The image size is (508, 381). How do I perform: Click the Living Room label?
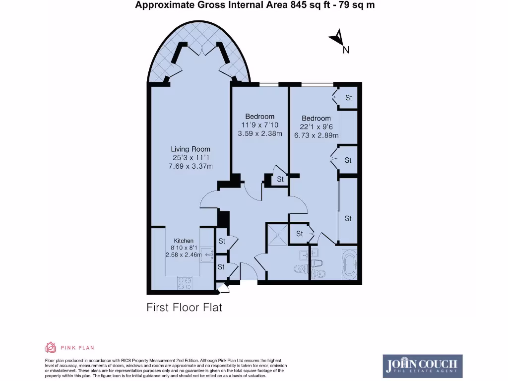pos(190,149)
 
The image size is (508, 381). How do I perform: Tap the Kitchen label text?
pos(184,241)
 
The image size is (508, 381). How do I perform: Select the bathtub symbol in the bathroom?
pos(350,263)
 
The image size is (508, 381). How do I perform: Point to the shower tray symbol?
pos(276,235)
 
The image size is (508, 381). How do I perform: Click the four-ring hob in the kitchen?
pos(185,283)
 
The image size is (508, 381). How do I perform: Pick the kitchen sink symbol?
pos(207,255)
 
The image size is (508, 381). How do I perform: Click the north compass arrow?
pos(337,37)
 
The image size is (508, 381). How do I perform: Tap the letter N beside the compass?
pos(346,50)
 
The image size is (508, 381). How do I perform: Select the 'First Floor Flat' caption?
pos(185,307)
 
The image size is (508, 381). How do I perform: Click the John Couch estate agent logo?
pos(423,366)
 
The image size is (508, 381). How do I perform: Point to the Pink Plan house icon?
pos(51,347)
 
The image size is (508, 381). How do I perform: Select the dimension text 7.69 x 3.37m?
pos(190,166)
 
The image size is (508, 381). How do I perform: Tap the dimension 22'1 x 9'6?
pos(316,127)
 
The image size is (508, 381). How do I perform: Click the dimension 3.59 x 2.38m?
pos(260,133)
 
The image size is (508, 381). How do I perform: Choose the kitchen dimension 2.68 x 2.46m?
pos(184,254)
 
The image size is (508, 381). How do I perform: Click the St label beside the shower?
pos(299,233)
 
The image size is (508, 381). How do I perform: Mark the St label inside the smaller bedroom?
pos(280,179)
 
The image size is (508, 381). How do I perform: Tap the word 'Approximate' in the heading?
pos(162,5)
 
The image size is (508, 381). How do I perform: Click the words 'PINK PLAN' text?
pos(77,348)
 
